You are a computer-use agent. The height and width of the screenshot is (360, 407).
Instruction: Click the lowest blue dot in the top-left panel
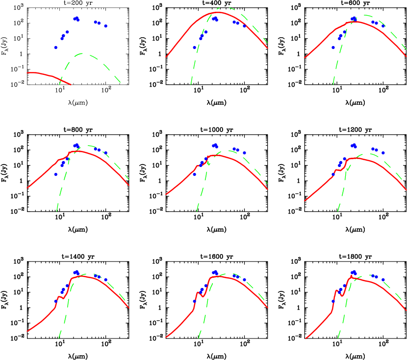coord(56,48)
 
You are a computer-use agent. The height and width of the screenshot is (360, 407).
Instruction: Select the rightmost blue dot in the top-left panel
coord(105,26)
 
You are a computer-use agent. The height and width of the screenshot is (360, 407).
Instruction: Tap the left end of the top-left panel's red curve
coord(27,73)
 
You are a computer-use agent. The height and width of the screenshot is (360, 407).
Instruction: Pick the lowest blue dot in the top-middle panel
coord(195,48)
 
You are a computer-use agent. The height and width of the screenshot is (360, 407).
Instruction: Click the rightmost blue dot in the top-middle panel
coord(244,26)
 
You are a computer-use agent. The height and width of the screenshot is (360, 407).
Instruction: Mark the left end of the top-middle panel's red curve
coord(166,57)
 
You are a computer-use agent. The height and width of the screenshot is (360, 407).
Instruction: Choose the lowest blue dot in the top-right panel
coord(333,48)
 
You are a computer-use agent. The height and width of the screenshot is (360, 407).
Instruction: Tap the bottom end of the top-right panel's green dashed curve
coord(333,85)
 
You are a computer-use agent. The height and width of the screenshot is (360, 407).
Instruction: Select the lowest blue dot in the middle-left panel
coord(56,174)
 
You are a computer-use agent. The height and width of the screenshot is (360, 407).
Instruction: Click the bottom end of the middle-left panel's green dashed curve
coord(57,212)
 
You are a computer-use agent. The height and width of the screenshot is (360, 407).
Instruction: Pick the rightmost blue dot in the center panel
coord(244,153)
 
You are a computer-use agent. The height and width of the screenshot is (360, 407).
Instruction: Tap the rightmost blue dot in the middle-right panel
coord(383,153)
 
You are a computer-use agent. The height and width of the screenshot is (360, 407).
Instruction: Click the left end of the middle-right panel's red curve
coord(305,201)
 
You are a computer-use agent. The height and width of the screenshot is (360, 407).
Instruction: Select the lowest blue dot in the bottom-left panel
coord(56,301)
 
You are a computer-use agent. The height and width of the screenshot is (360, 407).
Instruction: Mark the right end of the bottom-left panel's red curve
coord(129,308)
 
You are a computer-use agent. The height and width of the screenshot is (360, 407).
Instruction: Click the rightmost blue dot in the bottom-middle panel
coord(244,280)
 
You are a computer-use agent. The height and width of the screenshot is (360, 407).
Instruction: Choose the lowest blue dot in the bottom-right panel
coord(333,301)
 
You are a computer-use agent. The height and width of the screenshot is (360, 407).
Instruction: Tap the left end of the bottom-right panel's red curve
coord(305,338)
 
